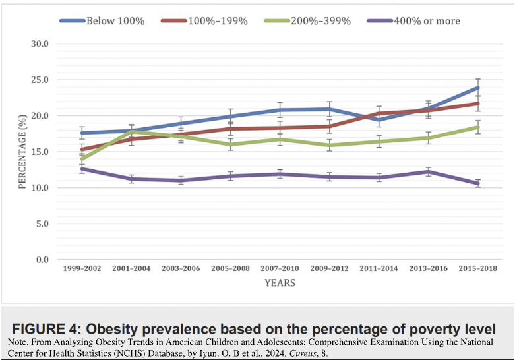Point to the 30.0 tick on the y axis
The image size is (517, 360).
click(x=40, y=44)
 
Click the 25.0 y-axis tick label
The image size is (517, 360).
click(x=40, y=80)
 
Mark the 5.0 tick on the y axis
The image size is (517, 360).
click(x=42, y=224)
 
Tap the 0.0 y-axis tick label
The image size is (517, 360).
click(x=42, y=260)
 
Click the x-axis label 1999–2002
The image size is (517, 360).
click(x=82, y=268)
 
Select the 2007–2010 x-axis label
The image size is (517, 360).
click(x=280, y=268)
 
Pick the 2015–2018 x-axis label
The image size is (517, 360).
click(x=477, y=268)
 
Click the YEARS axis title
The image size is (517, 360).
click(x=280, y=283)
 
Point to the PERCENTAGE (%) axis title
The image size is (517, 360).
click(x=22, y=152)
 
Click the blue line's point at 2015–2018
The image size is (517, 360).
click(x=477, y=88)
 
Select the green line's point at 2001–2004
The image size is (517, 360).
click(x=131, y=131)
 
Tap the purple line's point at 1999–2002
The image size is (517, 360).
click(x=82, y=169)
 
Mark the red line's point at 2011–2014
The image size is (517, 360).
click(x=379, y=113)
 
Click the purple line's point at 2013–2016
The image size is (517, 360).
click(x=429, y=171)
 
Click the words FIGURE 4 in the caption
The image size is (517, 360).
click(x=46, y=329)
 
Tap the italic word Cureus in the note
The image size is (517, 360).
click(x=301, y=353)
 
